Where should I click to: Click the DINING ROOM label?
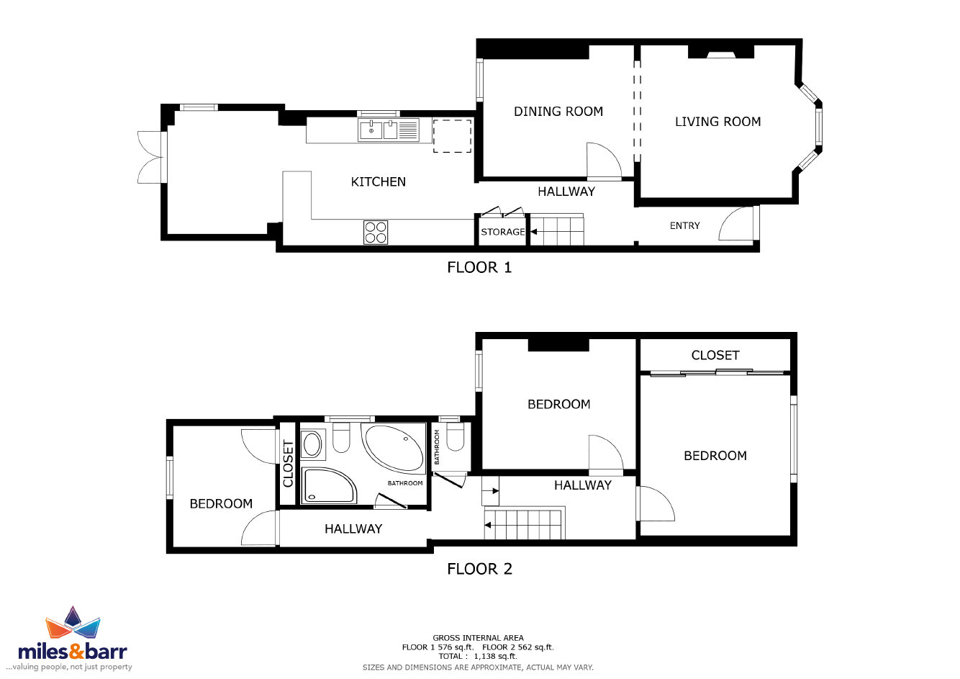point(558,112)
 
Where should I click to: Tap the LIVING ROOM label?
point(718,122)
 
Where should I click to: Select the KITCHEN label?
point(378,182)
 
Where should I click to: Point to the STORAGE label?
point(503,232)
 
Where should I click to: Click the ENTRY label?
point(685,225)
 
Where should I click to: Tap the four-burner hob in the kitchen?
point(376,233)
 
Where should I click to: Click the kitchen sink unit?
point(389,130)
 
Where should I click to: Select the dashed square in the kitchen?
point(452,136)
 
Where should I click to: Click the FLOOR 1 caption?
point(479,268)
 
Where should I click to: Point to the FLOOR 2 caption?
point(479,569)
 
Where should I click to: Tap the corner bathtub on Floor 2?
point(394,449)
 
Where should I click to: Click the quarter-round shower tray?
point(329,485)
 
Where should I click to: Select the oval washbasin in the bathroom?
point(312,444)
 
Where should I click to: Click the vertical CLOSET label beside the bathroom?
point(288,464)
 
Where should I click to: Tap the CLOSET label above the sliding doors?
point(715,355)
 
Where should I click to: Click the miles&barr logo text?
point(73,651)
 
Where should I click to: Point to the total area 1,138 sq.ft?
point(495,657)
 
